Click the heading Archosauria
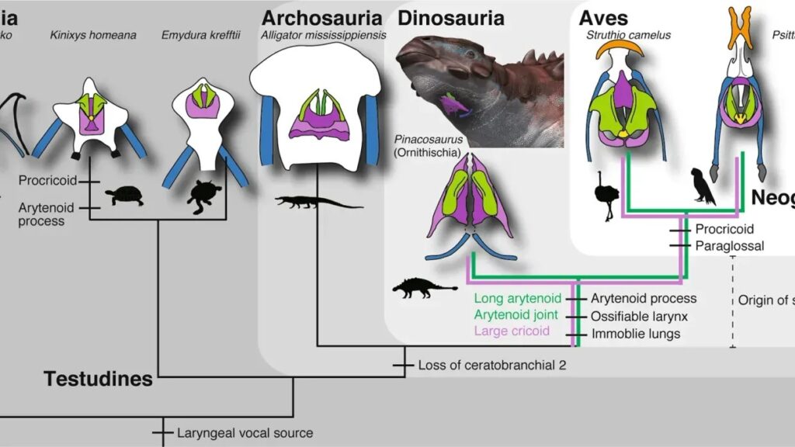pos(322,17)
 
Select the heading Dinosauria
pos(451,17)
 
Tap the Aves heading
pos(603,17)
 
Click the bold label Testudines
pos(98,379)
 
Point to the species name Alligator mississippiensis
pos(322,35)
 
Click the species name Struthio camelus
pos(629,35)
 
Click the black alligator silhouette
pos(318,203)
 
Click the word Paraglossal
pos(729,246)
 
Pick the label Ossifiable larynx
pos(639,316)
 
